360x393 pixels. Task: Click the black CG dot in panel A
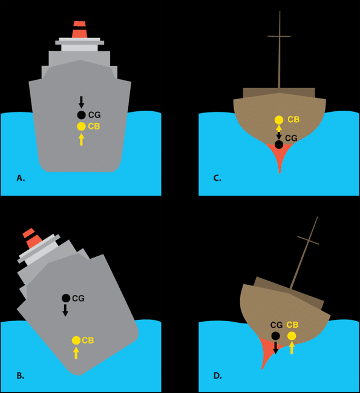(81, 115)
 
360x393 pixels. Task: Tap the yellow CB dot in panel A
(81, 126)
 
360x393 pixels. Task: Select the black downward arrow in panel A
(81, 102)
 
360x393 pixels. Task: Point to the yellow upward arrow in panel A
(81, 139)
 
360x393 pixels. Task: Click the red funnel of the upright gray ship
(79, 30)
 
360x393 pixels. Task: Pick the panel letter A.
(21, 178)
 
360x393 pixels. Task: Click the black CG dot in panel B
(66, 298)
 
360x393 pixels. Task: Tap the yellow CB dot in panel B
(76, 340)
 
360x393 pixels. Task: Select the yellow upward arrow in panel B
(76, 353)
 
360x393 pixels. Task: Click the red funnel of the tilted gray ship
(32, 238)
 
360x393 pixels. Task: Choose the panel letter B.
(21, 375)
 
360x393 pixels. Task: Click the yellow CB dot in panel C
(279, 120)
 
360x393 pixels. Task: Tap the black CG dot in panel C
(279, 145)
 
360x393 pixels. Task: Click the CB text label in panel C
(293, 119)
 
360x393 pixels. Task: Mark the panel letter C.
(217, 178)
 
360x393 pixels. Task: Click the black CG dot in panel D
(275, 336)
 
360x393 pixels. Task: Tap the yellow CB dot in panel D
(292, 336)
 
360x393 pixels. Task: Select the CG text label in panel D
(277, 325)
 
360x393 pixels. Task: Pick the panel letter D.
(217, 375)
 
